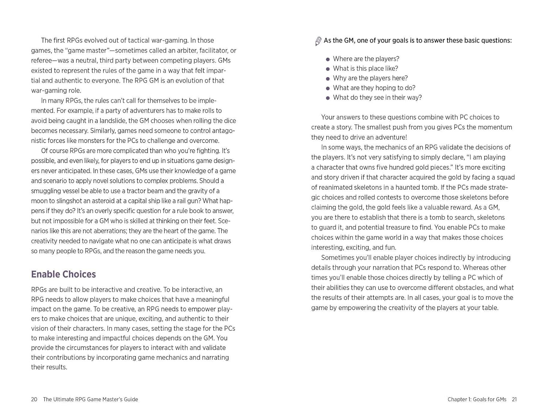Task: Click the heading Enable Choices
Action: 63,274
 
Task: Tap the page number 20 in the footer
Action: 34,400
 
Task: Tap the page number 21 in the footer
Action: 514,400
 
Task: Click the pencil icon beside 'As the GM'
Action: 318,41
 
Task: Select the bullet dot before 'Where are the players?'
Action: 328,59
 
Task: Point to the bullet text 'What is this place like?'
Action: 365,69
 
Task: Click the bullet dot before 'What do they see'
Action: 328,98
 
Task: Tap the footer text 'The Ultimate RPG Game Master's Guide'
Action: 90,400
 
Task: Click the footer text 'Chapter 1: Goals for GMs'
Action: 477,400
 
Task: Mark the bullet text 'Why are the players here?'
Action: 370,78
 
